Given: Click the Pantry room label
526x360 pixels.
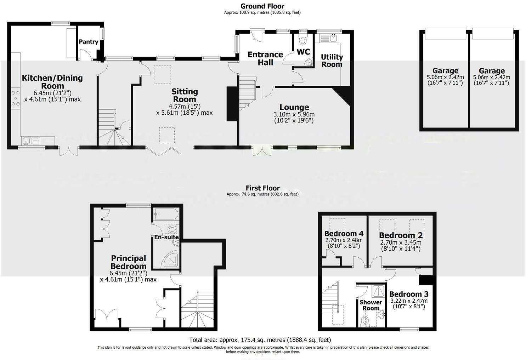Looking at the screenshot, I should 88,42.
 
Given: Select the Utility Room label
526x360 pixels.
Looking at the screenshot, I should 332,61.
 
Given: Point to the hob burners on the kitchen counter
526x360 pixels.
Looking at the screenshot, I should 16,99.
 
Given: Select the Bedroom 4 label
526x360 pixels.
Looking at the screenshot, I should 344,234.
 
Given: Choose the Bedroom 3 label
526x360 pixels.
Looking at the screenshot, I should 409,294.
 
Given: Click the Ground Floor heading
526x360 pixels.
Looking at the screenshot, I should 262,6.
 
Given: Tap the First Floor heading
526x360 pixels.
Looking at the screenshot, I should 262,188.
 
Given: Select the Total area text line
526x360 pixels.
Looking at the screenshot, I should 260,340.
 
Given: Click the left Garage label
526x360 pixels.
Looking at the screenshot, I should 445,71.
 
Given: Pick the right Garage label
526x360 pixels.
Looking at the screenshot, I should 491,71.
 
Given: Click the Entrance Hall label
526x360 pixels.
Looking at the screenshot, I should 265,58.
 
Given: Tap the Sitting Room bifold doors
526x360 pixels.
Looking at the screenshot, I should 164,151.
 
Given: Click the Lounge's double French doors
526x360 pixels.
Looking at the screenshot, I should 262,151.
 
